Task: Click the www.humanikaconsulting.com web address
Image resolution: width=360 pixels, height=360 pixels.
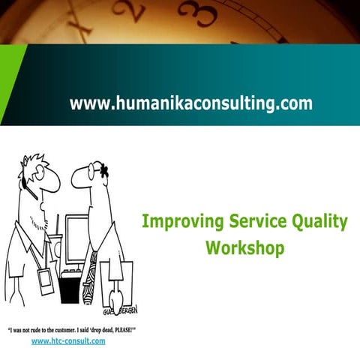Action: pos(191,103)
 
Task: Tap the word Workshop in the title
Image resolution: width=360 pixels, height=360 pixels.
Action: pos(245,247)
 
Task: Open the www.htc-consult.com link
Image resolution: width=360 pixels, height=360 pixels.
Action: pos(68,340)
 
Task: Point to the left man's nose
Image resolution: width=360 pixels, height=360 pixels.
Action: pos(56,181)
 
